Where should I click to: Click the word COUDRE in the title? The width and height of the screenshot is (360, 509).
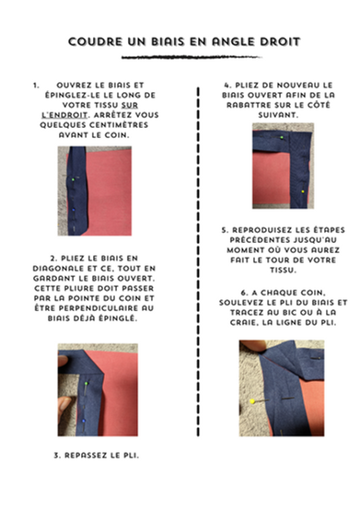click(95, 42)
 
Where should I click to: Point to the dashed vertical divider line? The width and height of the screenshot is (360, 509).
click(201, 276)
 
